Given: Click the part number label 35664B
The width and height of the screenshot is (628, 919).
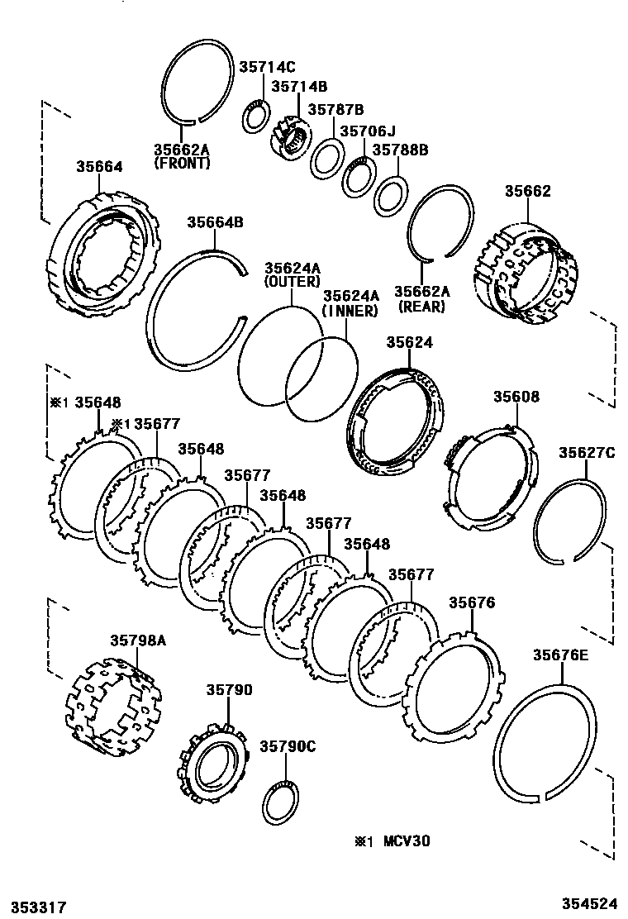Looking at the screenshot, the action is (x=215, y=222).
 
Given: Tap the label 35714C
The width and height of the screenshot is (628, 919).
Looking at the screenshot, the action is (x=267, y=68).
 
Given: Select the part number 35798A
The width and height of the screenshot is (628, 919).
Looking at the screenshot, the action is (x=138, y=640).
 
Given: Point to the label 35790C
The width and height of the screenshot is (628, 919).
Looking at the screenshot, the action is (x=288, y=746).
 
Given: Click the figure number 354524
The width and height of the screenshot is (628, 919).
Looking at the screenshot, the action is (x=590, y=903).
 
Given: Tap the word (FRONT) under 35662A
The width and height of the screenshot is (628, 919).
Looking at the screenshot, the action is (x=182, y=164).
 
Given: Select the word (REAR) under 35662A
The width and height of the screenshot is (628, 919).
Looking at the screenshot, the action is (x=421, y=307).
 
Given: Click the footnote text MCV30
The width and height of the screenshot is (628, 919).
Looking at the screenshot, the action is (x=407, y=841).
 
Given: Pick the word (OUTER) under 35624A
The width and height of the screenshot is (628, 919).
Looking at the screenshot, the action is (x=293, y=282).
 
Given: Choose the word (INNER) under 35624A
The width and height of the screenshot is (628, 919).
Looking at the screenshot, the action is (x=350, y=311).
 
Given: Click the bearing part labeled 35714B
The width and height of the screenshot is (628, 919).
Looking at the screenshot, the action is (x=291, y=137).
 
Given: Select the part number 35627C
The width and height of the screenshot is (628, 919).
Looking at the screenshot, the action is (x=587, y=452).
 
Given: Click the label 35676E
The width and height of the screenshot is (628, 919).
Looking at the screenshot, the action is (x=560, y=655).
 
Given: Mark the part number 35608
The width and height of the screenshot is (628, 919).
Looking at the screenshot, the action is (x=516, y=397).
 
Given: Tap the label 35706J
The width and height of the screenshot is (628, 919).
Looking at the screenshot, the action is (x=368, y=130).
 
